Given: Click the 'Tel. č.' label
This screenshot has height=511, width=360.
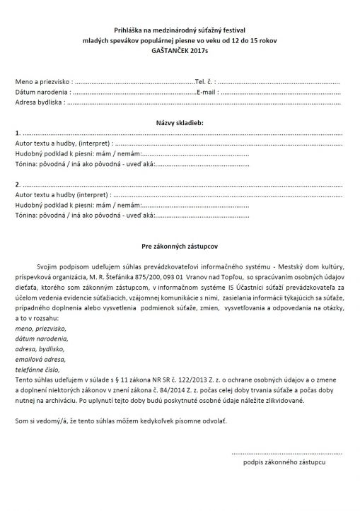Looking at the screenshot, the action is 204,83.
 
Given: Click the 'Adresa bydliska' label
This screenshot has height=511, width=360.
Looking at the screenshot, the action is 39,102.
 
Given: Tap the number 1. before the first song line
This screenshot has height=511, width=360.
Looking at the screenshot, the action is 18,134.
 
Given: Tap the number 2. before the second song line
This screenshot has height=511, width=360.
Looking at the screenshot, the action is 18,184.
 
